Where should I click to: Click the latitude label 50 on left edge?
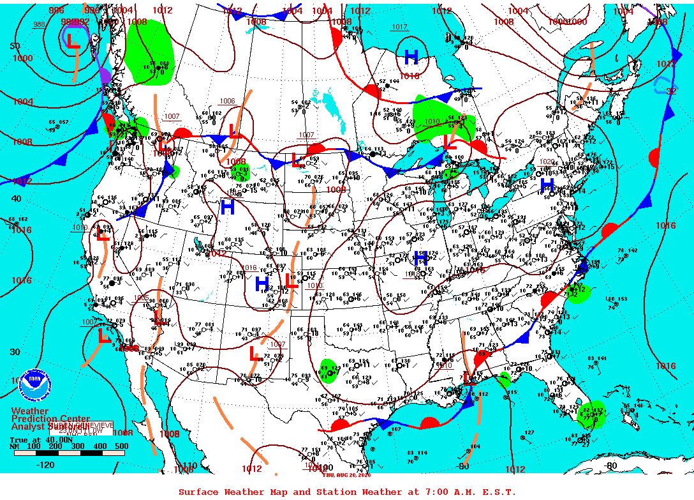click(x=15, y=46)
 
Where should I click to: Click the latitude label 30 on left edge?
click(x=15, y=352)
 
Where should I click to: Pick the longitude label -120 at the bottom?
click(x=45, y=465)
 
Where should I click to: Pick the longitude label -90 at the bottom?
click(x=464, y=466)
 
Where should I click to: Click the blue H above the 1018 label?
click(x=411, y=57)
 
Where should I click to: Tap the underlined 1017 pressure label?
click(x=399, y=27)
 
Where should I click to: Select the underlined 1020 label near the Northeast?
click(x=547, y=162)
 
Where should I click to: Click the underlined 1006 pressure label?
click(x=227, y=101)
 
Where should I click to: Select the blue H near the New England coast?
click(x=547, y=184)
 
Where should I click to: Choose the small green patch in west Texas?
click(x=329, y=370)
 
